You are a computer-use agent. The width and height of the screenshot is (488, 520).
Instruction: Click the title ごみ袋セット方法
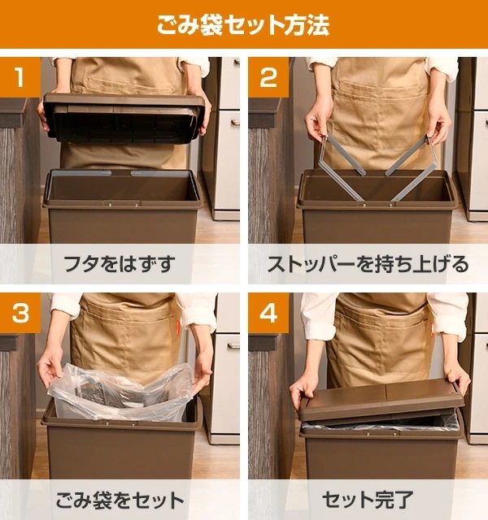(243, 25)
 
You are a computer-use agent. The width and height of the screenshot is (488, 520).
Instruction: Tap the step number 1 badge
(20, 78)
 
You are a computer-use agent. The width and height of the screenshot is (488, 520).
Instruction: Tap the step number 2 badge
(268, 78)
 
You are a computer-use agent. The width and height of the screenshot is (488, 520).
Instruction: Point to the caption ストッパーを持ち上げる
(368, 264)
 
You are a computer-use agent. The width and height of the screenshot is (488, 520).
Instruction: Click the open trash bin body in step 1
(122, 215)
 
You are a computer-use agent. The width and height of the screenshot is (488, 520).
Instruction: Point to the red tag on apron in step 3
(184, 328)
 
